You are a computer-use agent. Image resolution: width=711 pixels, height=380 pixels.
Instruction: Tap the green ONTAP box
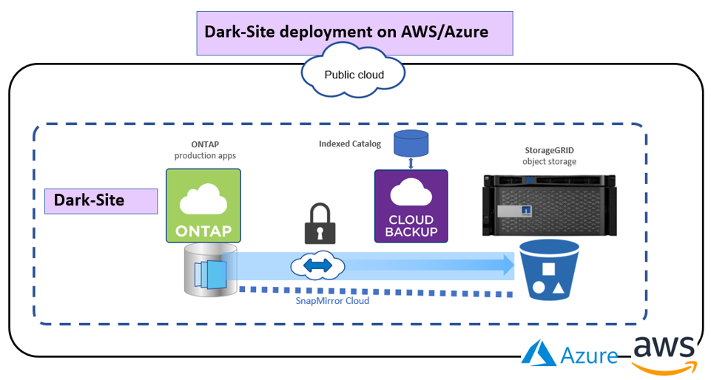tap(203, 206)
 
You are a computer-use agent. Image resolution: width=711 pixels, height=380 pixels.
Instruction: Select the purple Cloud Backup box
tap(411, 206)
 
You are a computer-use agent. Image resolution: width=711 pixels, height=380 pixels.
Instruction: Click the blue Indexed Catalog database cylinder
tap(411, 143)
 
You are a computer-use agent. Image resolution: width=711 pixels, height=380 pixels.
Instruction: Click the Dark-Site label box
tap(101, 201)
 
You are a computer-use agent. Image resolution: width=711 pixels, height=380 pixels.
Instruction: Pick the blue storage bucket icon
tap(546, 270)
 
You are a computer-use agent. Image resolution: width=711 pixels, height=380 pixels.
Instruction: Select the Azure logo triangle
tap(539, 353)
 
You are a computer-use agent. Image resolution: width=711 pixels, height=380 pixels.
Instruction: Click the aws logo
tap(664, 350)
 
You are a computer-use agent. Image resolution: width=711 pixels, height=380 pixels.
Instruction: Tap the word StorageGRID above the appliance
tap(548, 150)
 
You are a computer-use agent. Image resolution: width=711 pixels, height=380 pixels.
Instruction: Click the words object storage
tap(548, 161)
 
